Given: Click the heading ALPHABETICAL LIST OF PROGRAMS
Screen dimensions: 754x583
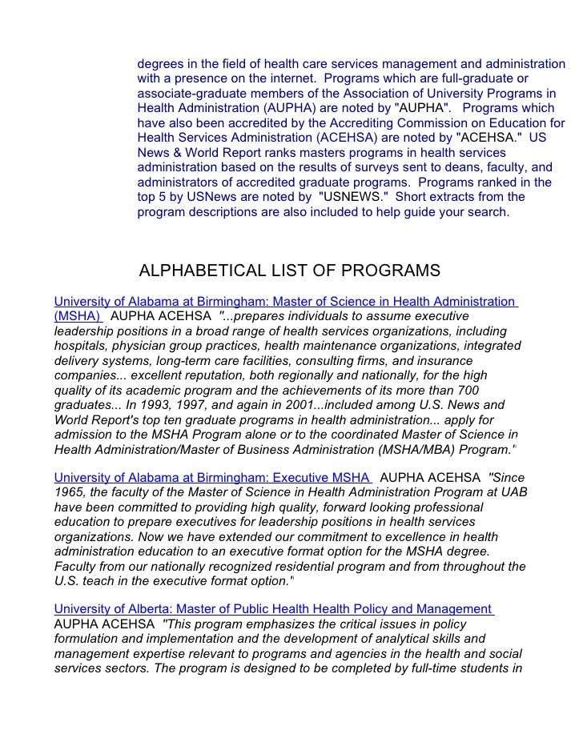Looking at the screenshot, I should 289,271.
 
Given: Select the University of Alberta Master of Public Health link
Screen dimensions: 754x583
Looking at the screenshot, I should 272,610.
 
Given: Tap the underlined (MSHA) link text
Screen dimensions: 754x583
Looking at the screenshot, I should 77,316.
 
